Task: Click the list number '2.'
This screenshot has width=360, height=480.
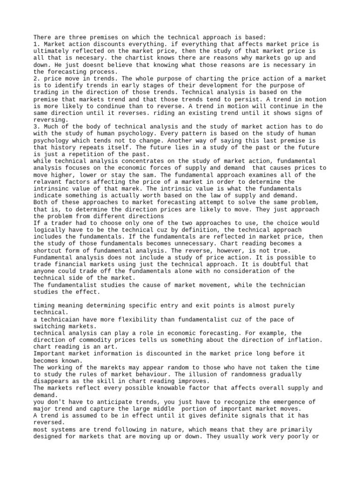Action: (x=37, y=78)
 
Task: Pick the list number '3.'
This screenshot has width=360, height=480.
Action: (x=37, y=127)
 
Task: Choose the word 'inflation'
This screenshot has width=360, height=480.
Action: (x=305, y=340)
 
